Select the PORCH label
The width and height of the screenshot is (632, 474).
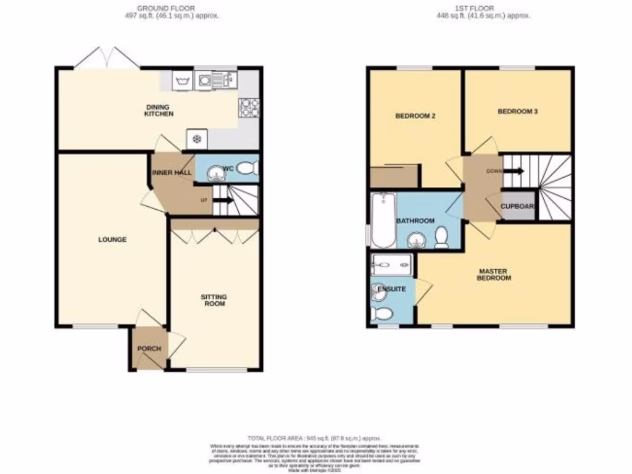tap(149, 349)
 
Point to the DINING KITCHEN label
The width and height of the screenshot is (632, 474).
tap(159, 110)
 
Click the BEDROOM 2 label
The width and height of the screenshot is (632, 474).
tap(412, 115)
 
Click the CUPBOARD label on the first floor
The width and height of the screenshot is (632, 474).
tap(517, 207)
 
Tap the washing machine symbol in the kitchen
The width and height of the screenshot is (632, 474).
tap(182, 80)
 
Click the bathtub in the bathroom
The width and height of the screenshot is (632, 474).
tap(383, 219)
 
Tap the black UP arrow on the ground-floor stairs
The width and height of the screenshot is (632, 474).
tap(223, 200)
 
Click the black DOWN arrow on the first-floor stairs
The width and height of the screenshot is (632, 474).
tap(514, 171)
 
